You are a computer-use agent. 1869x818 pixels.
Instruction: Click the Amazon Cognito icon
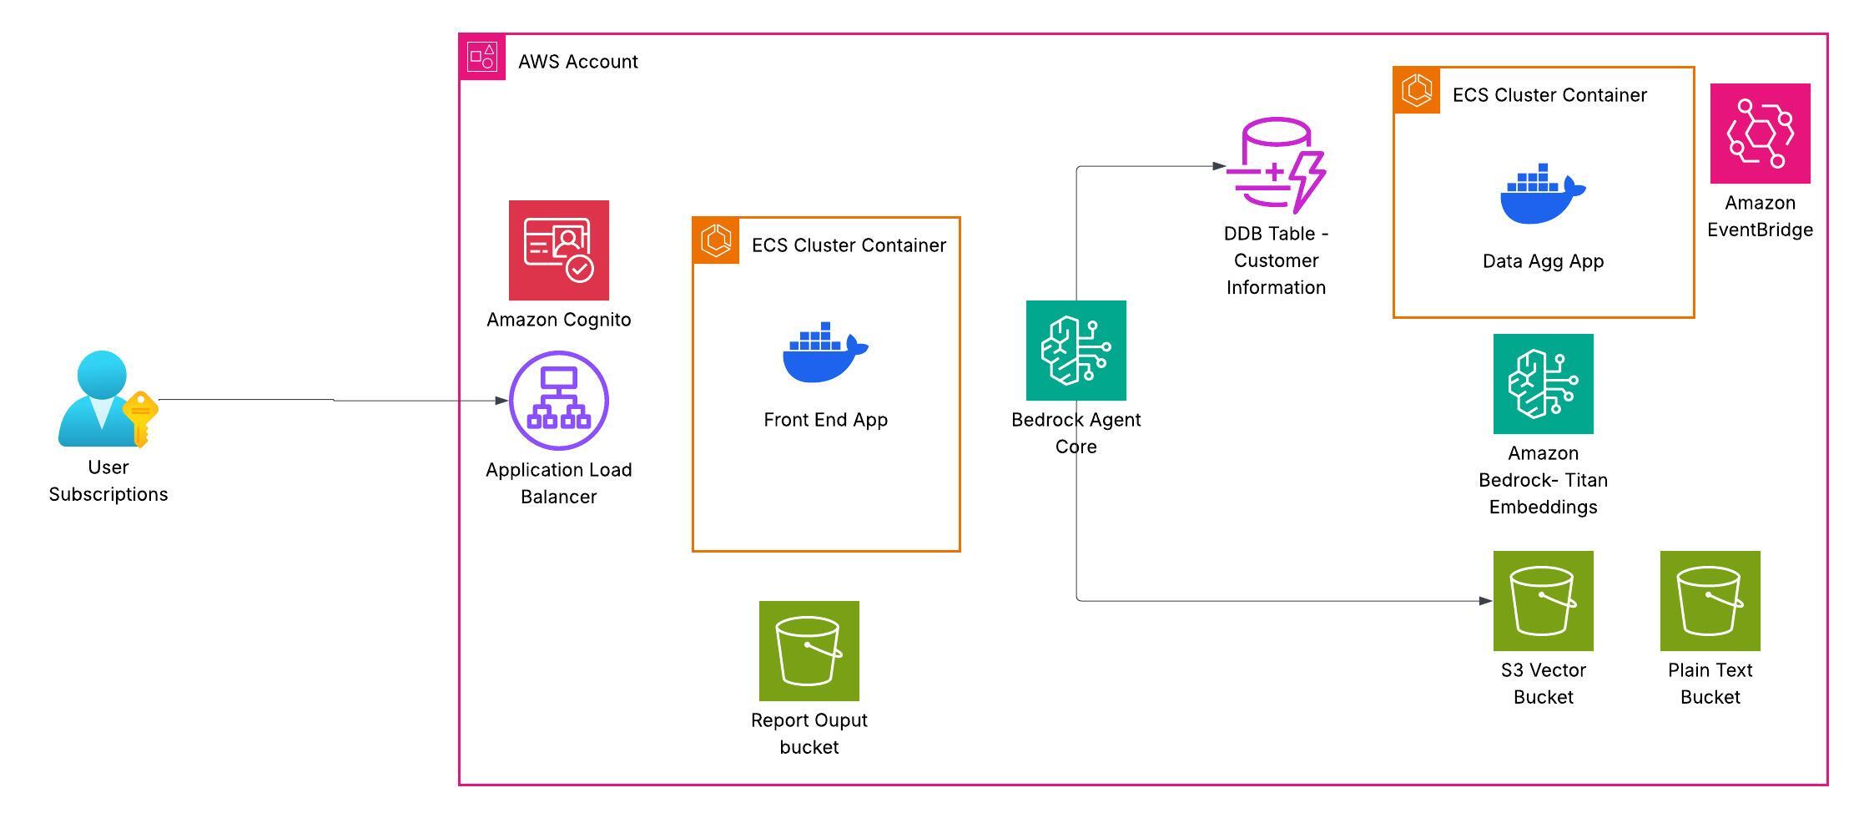tap(558, 250)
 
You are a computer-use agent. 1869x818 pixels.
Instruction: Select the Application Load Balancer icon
tap(558, 400)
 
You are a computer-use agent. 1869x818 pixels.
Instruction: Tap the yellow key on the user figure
tap(140, 417)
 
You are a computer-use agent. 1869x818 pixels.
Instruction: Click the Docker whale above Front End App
tap(824, 352)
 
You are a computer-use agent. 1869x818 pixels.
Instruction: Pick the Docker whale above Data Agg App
tap(1542, 194)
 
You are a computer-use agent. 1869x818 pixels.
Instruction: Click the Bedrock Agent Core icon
tap(1076, 350)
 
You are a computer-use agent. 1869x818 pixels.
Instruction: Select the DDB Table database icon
tap(1276, 164)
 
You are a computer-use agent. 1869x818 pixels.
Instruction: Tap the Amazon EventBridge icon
tap(1760, 133)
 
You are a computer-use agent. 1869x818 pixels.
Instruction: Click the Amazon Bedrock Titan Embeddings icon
tap(1543, 383)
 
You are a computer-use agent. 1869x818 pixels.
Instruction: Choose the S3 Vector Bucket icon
tap(1543, 600)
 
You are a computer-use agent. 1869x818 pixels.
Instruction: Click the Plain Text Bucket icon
tap(1710, 600)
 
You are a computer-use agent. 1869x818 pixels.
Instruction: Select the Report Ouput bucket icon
tap(809, 650)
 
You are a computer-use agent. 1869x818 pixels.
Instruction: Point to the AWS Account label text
tap(577, 62)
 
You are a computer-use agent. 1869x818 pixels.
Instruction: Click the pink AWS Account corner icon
tap(482, 58)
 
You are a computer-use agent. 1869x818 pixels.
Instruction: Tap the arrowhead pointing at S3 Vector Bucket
tap(1485, 600)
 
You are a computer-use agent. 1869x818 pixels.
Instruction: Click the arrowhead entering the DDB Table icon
tap(1219, 166)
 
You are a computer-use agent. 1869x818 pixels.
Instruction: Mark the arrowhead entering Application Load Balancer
tap(501, 400)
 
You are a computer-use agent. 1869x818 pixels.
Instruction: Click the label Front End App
tap(825, 420)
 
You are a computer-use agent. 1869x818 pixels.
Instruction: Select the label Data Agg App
tap(1543, 261)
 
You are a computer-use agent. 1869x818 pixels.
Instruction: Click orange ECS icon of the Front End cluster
tap(716, 240)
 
